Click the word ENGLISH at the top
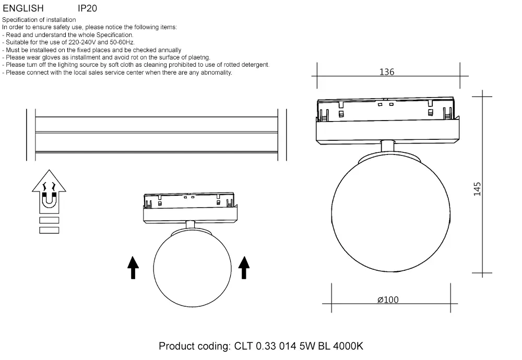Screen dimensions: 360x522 23,8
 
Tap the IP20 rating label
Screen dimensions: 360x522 87,8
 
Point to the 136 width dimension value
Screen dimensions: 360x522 387,72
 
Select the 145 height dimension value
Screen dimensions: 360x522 477,188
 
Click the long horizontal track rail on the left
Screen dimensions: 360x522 157,134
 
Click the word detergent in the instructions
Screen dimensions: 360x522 253,65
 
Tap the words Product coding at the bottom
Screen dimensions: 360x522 193,346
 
